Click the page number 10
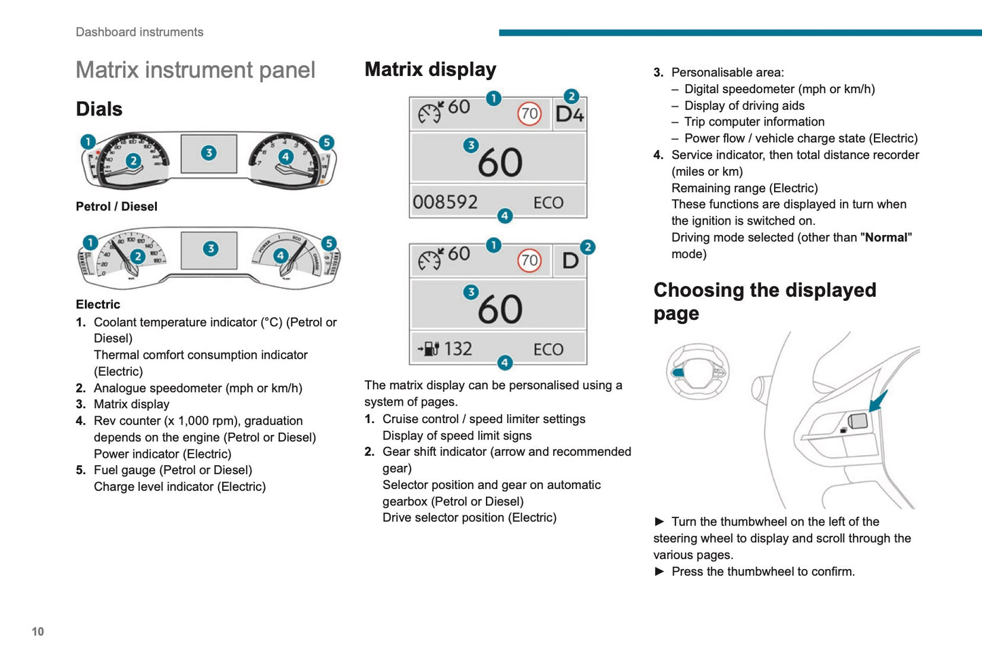[38, 632]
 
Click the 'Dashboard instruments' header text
[139, 32]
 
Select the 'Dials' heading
[99, 109]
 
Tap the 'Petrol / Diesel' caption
[116, 206]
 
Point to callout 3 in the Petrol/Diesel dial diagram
[209, 153]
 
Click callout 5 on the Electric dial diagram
[329, 243]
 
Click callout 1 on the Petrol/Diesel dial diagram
[88, 141]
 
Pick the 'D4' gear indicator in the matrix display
[569, 114]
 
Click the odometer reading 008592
[445, 202]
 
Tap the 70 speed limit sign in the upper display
[529, 113]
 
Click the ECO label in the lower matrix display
[548, 350]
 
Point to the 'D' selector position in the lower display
[570, 261]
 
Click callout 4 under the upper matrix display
[504, 216]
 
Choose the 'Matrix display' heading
[430, 69]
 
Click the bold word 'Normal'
[885, 238]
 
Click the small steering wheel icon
[697, 371]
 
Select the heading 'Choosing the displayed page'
[765, 302]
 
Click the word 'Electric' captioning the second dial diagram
[98, 304]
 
